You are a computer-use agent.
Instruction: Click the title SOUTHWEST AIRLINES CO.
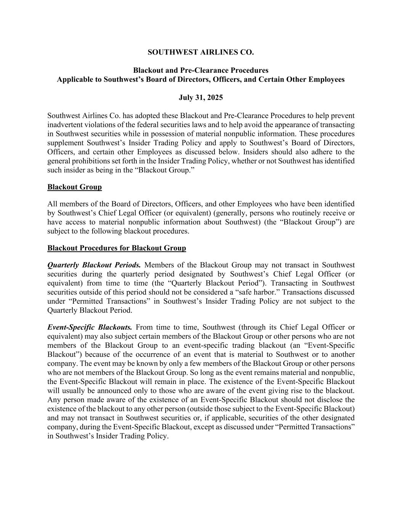click(x=201, y=52)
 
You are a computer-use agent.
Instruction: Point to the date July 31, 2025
click(x=201, y=98)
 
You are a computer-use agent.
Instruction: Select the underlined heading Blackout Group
click(x=75, y=187)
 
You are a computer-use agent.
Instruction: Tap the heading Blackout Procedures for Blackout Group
click(x=117, y=248)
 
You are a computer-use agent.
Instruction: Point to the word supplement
click(x=65, y=143)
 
